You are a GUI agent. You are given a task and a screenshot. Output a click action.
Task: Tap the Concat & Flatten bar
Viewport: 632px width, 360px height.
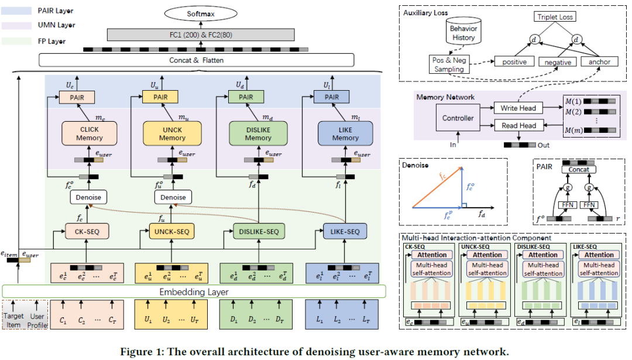tap(196, 60)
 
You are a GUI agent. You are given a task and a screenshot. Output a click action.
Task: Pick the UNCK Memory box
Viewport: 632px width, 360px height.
tap(172, 134)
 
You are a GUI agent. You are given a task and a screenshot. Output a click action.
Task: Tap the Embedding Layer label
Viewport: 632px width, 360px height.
tap(194, 291)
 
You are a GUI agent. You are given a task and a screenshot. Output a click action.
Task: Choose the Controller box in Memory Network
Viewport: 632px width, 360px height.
tap(458, 118)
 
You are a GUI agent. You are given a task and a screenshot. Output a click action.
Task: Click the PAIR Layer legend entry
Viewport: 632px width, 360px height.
tap(44, 11)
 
